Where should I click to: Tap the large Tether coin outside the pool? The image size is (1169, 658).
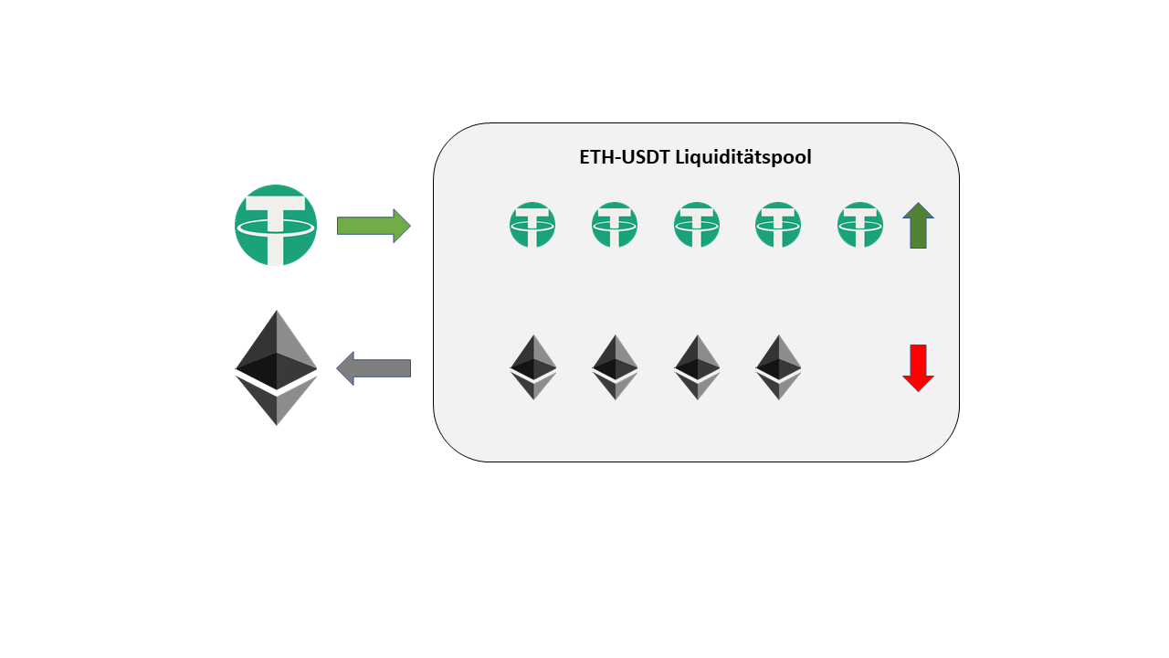coord(276,226)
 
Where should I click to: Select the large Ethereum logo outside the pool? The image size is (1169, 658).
coord(277,367)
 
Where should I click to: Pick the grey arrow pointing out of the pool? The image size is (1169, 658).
coord(374,368)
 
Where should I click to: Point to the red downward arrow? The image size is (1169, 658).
coord(918,368)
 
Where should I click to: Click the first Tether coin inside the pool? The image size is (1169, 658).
coord(532,225)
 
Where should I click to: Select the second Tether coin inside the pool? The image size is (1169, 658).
coord(615,225)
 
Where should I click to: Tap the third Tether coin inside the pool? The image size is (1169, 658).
coord(697,225)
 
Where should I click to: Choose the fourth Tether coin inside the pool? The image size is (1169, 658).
coord(778,225)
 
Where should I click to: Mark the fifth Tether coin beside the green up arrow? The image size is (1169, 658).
coord(860,225)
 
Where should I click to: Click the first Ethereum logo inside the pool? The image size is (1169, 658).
coord(532,367)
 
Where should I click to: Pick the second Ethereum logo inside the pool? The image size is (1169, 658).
coord(615,367)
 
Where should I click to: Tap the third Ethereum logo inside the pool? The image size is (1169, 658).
coord(697,367)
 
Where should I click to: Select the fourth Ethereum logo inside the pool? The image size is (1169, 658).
coord(778,367)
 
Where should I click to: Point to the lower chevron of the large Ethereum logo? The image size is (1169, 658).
coord(277,403)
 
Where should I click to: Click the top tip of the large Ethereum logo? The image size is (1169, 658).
coord(277,314)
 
